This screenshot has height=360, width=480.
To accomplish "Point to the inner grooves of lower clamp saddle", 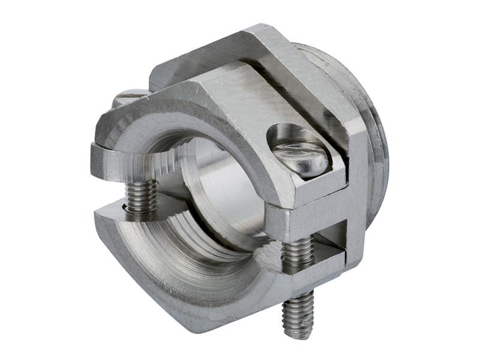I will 198,252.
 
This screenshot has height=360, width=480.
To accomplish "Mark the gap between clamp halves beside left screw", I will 114,192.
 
